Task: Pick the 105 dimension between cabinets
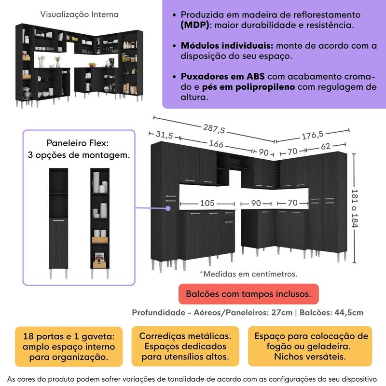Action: (207, 203)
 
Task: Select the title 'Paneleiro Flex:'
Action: (78, 143)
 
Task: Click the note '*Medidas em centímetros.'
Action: (248, 274)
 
